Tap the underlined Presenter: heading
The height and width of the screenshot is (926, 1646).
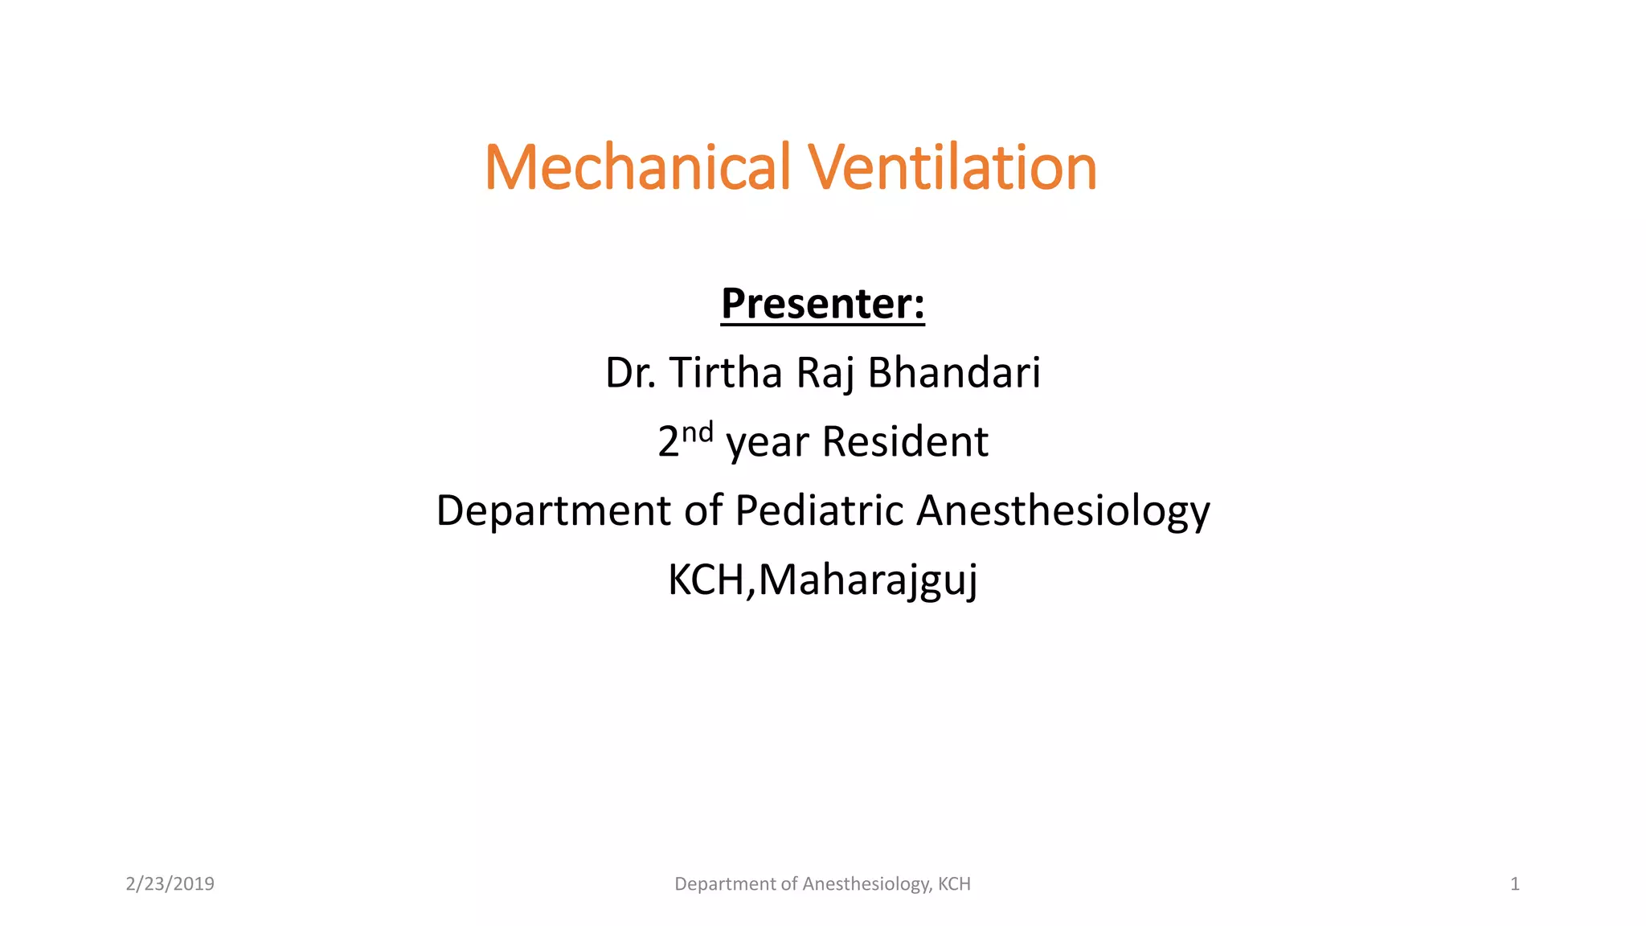pos(822,304)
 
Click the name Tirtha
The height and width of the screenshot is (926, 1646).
pos(726,373)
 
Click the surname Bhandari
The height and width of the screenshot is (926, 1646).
pos(954,373)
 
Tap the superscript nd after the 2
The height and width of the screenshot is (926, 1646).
pos(697,432)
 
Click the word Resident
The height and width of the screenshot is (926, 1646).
pos(905,442)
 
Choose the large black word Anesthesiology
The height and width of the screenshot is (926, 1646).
pos(1063,511)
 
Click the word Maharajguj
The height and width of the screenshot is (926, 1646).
pos(868,580)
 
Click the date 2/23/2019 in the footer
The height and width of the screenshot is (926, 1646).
pos(170,884)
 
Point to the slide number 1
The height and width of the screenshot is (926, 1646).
pos(1515,884)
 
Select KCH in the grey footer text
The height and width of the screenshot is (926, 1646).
pos(954,884)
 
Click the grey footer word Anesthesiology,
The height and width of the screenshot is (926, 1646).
pos(867,884)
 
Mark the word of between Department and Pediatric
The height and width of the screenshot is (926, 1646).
pos(703,511)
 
